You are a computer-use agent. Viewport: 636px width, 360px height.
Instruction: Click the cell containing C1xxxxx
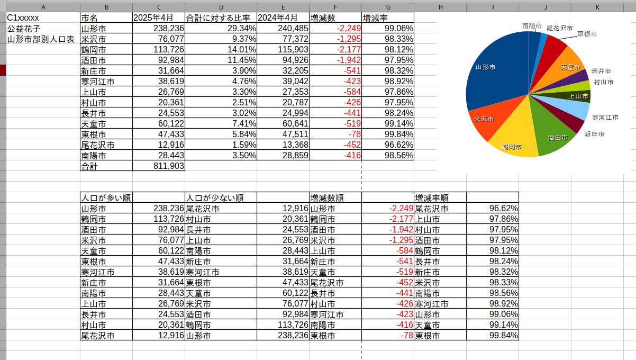click(x=23, y=17)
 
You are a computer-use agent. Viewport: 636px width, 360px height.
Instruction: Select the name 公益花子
click(x=24, y=28)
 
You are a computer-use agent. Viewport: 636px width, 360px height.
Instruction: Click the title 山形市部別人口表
click(x=40, y=39)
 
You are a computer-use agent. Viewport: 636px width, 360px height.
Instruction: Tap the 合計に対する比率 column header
click(x=221, y=17)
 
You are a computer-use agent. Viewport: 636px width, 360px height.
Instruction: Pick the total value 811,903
click(x=167, y=166)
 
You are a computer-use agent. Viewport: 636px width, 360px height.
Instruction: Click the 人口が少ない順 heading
click(x=214, y=197)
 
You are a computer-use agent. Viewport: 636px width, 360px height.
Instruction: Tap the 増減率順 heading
click(x=432, y=197)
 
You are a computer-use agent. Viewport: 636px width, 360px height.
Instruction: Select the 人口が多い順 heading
click(x=105, y=197)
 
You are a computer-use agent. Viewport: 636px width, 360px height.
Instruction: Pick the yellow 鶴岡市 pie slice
click(x=511, y=138)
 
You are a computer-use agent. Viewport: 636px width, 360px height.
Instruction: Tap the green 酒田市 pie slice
click(x=556, y=132)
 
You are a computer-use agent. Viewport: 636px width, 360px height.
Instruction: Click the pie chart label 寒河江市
click(x=605, y=117)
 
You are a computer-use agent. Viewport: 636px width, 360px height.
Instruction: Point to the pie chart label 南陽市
click(x=532, y=25)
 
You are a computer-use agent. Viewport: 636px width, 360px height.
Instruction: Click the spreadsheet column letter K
click(x=597, y=6)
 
